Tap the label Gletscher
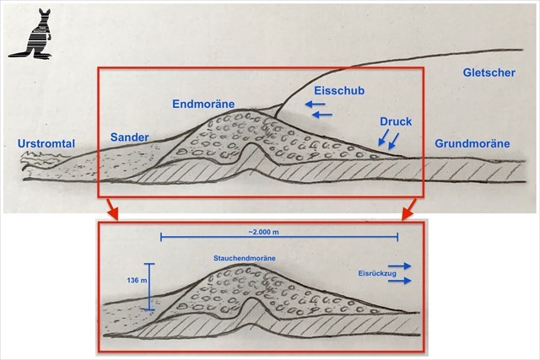click(489, 74)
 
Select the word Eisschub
click(338, 89)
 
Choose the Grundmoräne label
click(472, 144)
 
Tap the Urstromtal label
click(46, 144)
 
